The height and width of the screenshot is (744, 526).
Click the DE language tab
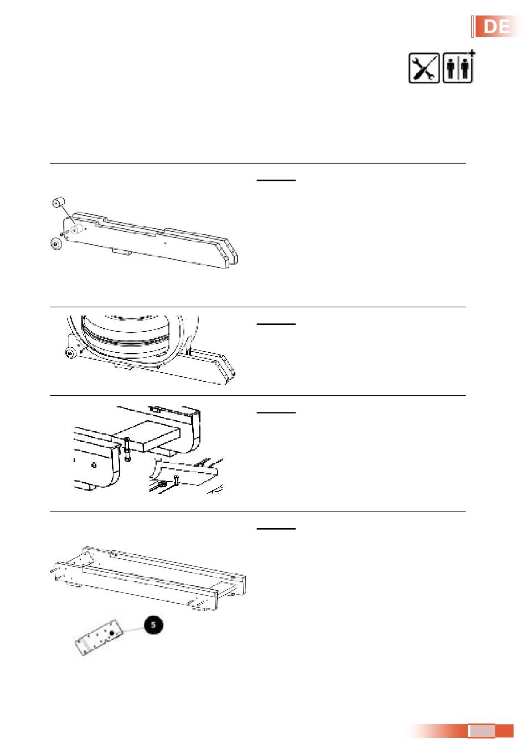(496, 27)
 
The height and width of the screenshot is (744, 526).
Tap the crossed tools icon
(424, 69)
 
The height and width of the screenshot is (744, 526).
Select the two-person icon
(458, 69)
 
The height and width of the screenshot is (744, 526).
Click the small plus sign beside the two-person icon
(471, 53)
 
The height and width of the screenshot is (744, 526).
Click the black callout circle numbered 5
(153, 625)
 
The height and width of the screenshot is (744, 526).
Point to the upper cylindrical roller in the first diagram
(59, 203)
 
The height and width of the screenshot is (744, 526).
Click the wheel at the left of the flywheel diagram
(70, 353)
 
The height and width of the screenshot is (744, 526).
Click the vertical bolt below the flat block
(127, 449)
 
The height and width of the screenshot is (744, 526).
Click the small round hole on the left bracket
(94, 464)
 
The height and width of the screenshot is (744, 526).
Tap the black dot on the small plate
(112, 633)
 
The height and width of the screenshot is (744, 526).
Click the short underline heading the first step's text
(276, 180)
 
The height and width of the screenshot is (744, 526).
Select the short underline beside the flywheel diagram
(276, 324)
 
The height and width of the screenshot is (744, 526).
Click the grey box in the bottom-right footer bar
(481, 731)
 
